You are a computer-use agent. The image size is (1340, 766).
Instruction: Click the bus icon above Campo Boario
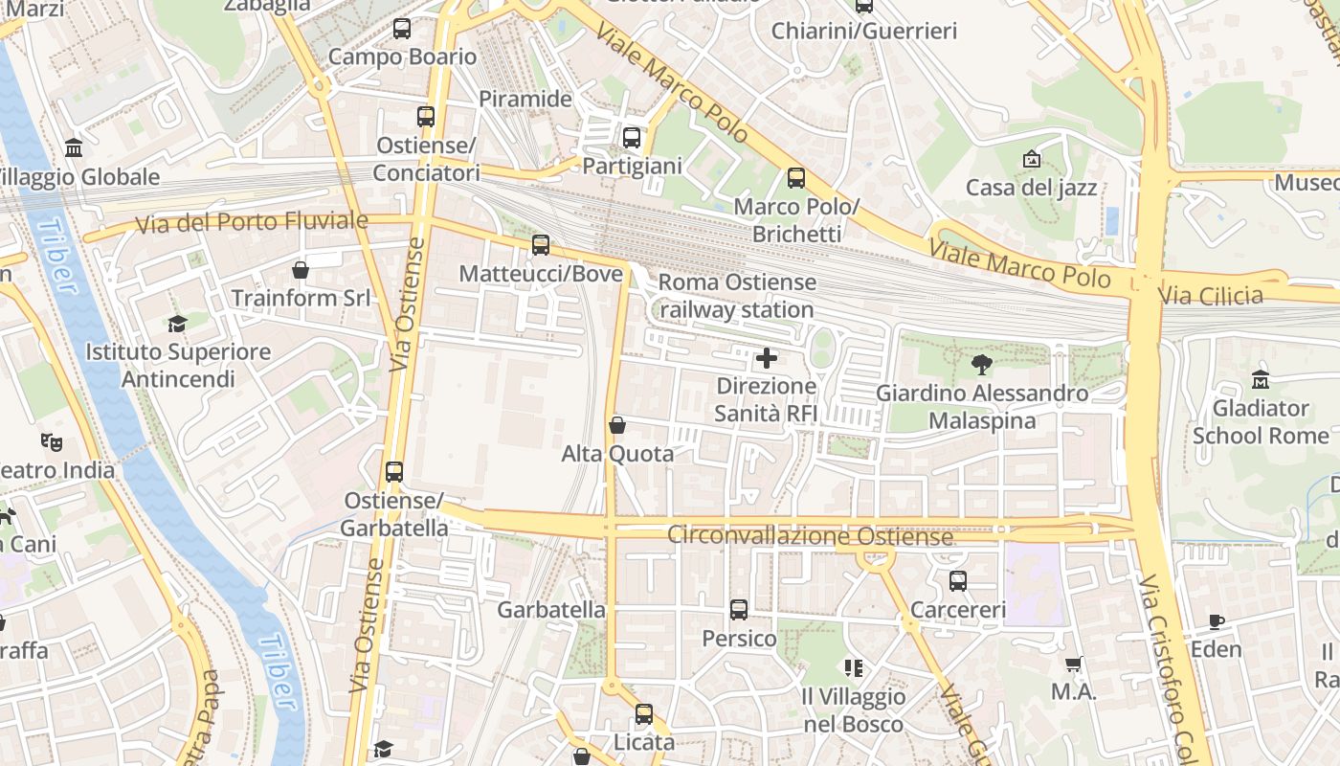click(402, 29)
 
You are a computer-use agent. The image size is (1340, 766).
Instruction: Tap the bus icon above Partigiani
click(632, 138)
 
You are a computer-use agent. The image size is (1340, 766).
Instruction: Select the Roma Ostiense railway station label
click(737, 296)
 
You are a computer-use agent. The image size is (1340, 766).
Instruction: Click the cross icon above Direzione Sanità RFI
click(767, 359)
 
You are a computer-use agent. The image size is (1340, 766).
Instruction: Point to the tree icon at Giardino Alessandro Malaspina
click(981, 365)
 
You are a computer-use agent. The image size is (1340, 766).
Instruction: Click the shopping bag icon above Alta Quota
click(617, 424)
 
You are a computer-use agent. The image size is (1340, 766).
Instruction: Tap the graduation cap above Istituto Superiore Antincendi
click(177, 324)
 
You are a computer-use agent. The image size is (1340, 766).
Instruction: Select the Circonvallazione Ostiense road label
click(810, 535)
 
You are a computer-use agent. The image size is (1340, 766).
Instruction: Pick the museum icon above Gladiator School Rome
click(1261, 379)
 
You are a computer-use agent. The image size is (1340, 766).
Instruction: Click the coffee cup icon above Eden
click(1217, 621)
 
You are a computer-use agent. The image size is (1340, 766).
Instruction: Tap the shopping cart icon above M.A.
click(1074, 664)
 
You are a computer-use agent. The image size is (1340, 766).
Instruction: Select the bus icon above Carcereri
click(958, 581)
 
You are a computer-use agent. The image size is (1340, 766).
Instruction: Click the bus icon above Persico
click(739, 610)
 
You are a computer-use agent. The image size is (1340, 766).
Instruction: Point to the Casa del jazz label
click(1031, 188)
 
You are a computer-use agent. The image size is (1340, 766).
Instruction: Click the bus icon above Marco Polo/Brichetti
click(796, 178)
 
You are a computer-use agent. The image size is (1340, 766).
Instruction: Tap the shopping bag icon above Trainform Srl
click(301, 270)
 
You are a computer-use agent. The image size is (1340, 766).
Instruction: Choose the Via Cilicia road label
click(1211, 296)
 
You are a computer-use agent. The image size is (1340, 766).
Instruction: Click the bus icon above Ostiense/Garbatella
click(394, 472)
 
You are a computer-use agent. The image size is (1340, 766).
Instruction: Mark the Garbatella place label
click(551, 610)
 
